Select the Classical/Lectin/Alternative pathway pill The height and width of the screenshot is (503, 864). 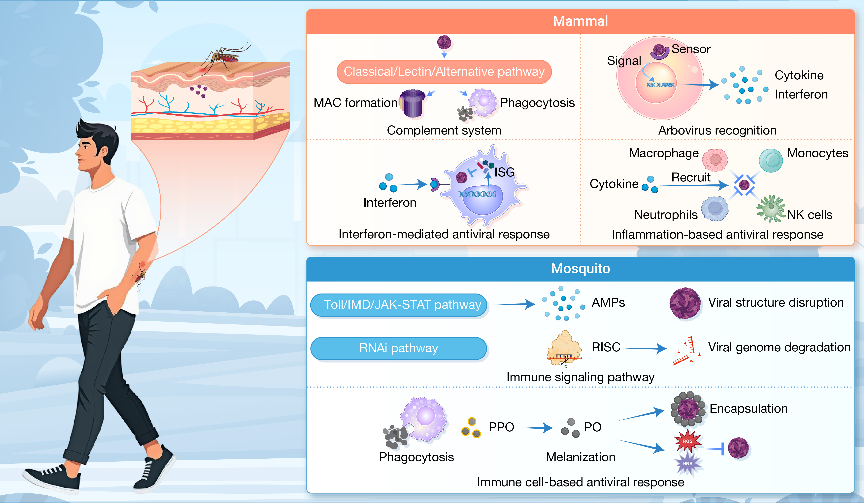point(444,72)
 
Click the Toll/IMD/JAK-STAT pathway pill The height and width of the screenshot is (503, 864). point(399,305)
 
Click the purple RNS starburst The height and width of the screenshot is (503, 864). point(687,463)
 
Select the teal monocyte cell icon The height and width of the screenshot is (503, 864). point(771,160)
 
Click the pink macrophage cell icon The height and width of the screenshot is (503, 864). point(715,160)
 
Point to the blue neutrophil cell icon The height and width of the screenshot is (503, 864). point(715,208)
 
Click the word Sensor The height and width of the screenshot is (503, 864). point(691,49)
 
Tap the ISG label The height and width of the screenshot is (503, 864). point(504,172)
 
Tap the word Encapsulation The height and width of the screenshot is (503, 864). point(748,409)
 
